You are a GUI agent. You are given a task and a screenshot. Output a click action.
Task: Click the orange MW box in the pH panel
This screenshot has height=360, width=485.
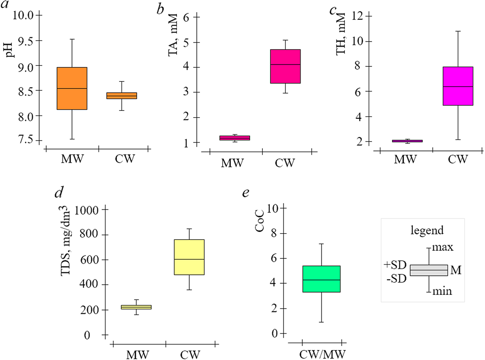[72, 89]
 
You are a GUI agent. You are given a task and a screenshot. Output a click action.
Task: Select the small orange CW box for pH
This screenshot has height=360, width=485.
[122, 96]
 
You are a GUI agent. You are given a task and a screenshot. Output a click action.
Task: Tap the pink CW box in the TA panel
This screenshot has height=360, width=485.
[285, 66]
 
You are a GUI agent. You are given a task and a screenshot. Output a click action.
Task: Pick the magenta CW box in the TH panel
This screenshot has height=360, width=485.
[458, 86]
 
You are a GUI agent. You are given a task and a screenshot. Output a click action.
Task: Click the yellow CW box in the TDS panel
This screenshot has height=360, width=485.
[189, 257]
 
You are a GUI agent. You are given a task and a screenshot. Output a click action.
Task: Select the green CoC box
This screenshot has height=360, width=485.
[321, 279]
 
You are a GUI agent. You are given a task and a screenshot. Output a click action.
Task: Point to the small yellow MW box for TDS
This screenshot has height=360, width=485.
[137, 307]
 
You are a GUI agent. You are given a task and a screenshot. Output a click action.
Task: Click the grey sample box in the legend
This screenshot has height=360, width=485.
[429, 270]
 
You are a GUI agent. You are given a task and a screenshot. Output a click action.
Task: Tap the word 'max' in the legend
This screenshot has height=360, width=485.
[442, 247]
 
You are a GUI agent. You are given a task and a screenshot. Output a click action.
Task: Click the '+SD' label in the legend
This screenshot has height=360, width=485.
[395, 265]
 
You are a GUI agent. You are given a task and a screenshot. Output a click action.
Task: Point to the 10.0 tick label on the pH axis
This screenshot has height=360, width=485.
[23, 15]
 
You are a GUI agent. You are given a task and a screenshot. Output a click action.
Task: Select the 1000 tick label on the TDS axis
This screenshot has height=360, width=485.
[87, 210]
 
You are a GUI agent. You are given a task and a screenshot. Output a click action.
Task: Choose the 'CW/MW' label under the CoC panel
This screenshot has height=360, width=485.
[322, 354]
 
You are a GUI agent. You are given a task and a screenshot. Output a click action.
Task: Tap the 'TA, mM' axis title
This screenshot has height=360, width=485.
[173, 35]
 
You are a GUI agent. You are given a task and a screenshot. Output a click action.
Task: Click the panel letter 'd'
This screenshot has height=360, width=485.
[58, 193]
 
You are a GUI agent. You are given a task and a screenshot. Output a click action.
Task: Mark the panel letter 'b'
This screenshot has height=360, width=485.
[160, 9]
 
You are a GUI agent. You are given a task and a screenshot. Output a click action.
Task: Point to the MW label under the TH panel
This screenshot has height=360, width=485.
[405, 159]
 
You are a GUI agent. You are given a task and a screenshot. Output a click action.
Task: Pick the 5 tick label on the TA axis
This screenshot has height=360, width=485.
[186, 42]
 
